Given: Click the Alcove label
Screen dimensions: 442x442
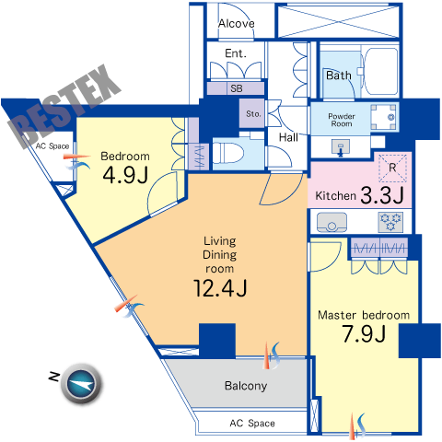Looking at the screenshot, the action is [237, 24].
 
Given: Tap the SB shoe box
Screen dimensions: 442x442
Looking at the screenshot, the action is [236, 88].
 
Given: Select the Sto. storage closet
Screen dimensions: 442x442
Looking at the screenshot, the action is [251, 113].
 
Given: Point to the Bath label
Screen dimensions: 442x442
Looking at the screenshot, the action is [339, 76].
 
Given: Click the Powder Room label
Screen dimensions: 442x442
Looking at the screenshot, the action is [342, 120].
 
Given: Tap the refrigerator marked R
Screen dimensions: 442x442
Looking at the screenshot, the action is [392, 168].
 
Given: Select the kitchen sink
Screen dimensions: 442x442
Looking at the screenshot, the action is [331, 222].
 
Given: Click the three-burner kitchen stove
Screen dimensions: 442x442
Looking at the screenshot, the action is [390, 222].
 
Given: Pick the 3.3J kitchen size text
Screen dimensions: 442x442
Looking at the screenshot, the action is [382, 195].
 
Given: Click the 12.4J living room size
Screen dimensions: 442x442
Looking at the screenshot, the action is [220, 288].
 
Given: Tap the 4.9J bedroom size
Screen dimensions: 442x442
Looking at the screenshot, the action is [125, 175].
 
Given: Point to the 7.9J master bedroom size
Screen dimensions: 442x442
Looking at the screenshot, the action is [364, 333].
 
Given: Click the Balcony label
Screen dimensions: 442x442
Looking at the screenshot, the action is [246, 386].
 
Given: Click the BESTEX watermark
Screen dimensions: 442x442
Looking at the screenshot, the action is [65, 106].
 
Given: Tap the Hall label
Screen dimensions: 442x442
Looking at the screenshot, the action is [288, 137].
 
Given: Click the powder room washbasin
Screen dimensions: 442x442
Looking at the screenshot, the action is [341, 146].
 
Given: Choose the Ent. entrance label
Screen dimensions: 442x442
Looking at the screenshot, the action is [236, 53].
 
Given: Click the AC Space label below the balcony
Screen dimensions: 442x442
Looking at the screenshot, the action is [252, 424].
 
